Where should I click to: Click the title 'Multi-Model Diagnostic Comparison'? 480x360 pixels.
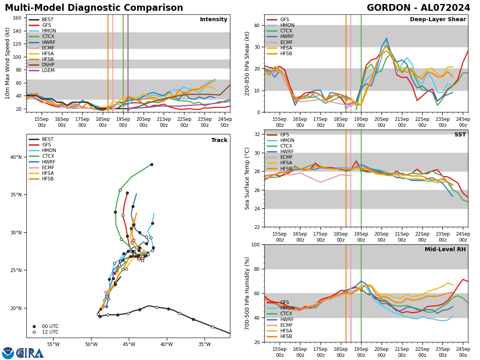(x=94, y=8)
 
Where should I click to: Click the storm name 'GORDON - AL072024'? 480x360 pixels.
(x=418, y=8)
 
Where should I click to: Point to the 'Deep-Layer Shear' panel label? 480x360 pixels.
(x=438, y=20)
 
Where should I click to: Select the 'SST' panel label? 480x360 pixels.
(x=460, y=135)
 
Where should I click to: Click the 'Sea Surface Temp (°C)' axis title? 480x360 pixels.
(x=248, y=178)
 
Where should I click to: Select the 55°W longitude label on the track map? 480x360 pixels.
(x=53, y=344)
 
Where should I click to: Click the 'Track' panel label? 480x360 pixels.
(x=219, y=140)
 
